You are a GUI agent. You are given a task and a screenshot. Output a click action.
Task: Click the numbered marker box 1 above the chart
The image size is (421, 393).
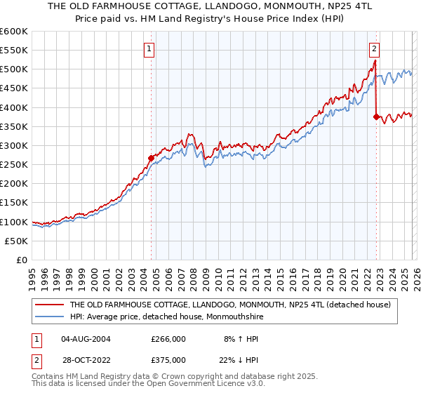pyautogui.click(x=150, y=48)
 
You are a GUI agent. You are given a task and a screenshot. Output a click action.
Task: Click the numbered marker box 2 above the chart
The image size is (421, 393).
pyautogui.click(x=375, y=48)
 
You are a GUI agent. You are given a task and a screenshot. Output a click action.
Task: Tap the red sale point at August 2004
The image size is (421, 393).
pyautogui.click(x=151, y=158)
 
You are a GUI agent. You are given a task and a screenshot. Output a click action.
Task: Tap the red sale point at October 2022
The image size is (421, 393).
pyautogui.click(x=377, y=116)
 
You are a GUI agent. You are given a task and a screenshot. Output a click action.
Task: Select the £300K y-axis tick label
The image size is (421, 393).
pyautogui.click(x=14, y=145)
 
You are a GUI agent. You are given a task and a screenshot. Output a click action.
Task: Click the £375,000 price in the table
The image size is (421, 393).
pyautogui.click(x=168, y=359)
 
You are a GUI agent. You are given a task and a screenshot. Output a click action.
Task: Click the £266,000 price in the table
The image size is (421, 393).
pyautogui.click(x=168, y=338)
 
